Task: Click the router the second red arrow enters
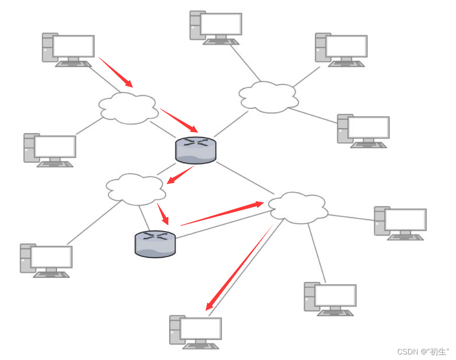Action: pyautogui.click(x=195, y=150)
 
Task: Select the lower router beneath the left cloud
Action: pyautogui.click(x=156, y=244)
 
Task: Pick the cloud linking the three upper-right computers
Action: pyautogui.click(x=268, y=97)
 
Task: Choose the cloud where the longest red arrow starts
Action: pyautogui.click(x=298, y=208)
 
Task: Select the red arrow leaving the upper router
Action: pyautogui.click(x=180, y=175)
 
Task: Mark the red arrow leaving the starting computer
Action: pyautogui.click(x=116, y=72)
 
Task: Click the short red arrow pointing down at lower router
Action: pyautogui.click(x=163, y=214)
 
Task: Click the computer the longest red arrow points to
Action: pyautogui.click(x=196, y=330)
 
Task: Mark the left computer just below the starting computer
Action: pyautogui.click(x=50, y=150)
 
